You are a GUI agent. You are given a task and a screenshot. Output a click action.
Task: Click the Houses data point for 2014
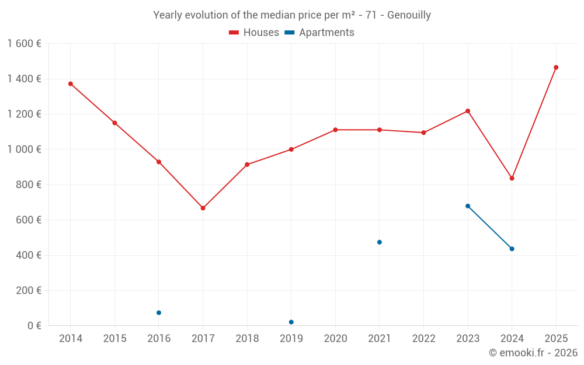[x=71, y=84]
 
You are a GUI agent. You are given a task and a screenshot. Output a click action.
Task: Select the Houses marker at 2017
[x=203, y=208]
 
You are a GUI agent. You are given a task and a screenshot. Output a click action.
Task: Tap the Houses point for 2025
[x=556, y=67]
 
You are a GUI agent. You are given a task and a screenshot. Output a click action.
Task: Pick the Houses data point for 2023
[x=468, y=111]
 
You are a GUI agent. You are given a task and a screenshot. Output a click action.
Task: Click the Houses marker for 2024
[x=512, y=178]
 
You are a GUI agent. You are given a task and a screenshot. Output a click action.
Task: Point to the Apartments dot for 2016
[x=159, y=312]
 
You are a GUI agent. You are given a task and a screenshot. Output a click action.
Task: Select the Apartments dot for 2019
[x=291, y=322]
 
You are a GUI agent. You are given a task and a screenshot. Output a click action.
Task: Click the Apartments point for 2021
[x=380, y=242]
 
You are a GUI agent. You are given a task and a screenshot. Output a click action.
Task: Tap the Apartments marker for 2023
[x=468, y=206]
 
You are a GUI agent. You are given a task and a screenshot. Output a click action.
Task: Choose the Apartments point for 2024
[x=512, y=249]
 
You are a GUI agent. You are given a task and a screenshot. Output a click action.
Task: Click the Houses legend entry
[x=254, y=33]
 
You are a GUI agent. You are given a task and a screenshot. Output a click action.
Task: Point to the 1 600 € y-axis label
[x=24, y=44]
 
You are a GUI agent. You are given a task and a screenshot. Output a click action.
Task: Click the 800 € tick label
[x=28, y=185]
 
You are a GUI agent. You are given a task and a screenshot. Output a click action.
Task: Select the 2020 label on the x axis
[x=335, y=339]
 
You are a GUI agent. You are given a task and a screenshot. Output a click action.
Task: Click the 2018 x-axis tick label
[x=247, y=339]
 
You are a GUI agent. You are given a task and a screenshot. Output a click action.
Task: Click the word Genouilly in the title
[x=409, y=15]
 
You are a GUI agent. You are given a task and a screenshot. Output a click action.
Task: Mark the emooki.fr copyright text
[x=533, y=353]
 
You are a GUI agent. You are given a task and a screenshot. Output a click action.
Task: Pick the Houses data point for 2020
[x=335, y=130]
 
